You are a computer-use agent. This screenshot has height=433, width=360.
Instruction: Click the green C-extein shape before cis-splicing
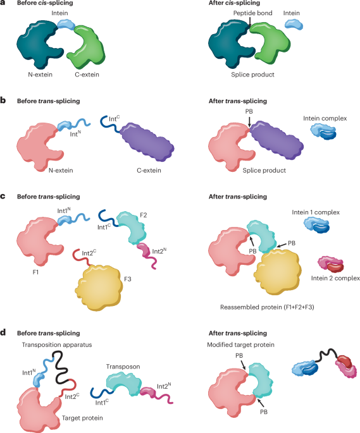(90, 46)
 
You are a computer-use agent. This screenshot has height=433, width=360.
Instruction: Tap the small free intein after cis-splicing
(294, 24)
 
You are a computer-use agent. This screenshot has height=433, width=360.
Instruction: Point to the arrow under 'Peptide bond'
(250, 22)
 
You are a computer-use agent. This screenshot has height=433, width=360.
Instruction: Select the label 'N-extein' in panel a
(40, 75)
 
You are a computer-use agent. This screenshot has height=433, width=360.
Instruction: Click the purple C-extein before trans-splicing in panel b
(147, 142)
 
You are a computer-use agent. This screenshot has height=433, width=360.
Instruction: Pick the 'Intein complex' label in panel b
(325, 118)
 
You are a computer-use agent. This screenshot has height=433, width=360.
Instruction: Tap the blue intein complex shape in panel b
(323, 131)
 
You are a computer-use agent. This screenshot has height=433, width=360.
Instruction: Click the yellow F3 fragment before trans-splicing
(99, 287)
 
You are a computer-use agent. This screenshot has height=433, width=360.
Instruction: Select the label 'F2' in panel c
(143, 215)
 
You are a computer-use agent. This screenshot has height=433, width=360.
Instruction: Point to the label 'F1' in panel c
(35, 272)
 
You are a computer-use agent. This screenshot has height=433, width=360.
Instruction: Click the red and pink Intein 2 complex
(331, 265)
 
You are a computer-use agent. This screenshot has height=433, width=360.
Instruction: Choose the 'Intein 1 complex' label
(316, 212)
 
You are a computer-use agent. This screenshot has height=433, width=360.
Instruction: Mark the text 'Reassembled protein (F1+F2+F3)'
(267, 307)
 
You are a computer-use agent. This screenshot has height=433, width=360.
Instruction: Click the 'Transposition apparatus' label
(57, 345)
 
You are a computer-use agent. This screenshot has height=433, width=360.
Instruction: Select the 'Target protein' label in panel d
(82, 418)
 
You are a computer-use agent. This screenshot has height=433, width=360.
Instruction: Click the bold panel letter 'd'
(3, 332)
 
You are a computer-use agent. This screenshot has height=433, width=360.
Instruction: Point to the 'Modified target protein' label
(241, 345)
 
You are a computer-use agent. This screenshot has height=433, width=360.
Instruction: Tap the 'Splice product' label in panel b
(264, 171)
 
